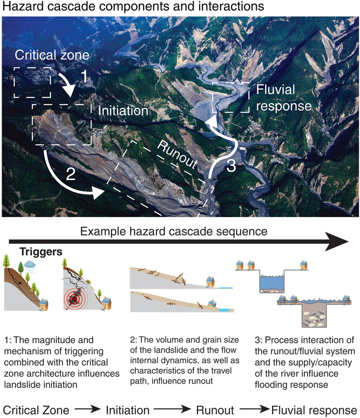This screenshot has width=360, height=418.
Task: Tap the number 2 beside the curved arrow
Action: [x=70, y=174]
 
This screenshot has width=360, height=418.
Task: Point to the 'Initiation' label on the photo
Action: [x=123, y=111]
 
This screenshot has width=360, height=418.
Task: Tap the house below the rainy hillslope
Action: [x=44, y=304]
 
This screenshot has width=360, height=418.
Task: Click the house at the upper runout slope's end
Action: [x=210, y=281]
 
